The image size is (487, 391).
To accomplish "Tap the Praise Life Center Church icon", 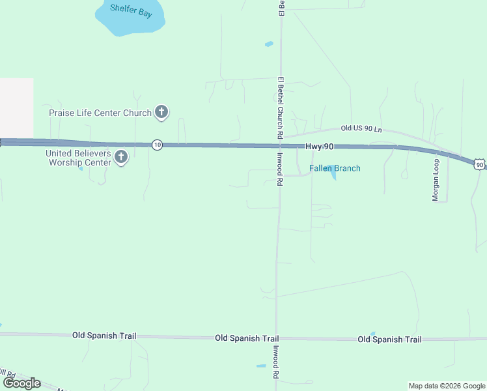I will (x=161, y=113).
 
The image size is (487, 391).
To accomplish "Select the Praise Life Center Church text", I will (x=100, y=113).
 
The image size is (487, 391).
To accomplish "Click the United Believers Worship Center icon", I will (x=121, y=157).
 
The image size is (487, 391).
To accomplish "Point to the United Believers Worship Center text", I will (x=78, y=157).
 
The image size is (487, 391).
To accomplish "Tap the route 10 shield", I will (x=157, y=145).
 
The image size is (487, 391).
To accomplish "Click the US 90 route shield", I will (x=479, y=165).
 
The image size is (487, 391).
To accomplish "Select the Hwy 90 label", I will (x=320, y=148).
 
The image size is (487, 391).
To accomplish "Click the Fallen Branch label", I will (x=335, y=168).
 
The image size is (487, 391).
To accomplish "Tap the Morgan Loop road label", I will (x=436, y=180).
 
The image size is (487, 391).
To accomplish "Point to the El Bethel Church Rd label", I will (x=280, y=108).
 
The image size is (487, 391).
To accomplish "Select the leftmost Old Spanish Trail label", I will (x=104, y=336).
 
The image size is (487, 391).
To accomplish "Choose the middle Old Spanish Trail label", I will (x=247, y=339).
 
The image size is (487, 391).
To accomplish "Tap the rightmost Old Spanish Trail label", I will (x=389, y=340).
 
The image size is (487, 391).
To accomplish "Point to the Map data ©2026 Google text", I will (x=447, y=386).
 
